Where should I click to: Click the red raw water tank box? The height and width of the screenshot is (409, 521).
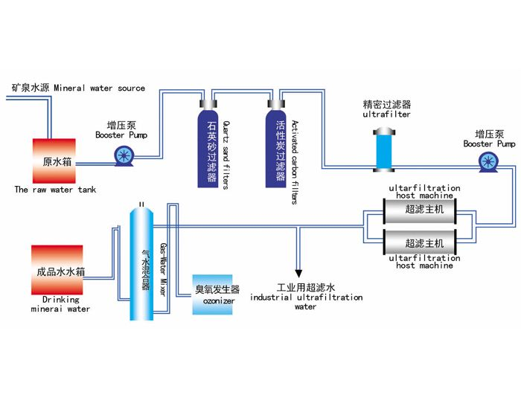tap(54, 161)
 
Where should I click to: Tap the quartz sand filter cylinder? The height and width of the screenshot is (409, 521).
tap(208, 148)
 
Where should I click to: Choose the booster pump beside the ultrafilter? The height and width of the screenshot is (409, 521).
tap(488, 161)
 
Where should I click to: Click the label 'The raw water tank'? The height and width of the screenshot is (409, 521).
tap(55, 190)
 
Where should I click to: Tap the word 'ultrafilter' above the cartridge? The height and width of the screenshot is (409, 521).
tap(386, 115)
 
